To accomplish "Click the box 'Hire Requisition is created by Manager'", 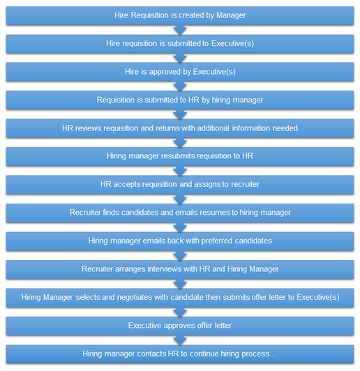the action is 180,15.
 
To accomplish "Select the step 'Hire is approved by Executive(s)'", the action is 180,72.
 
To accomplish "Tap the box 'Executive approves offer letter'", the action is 180,326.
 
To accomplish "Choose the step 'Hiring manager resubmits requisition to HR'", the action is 180,156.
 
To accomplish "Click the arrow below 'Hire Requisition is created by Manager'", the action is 180,30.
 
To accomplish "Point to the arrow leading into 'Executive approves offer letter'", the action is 180,312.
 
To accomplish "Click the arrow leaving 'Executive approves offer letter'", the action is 180,340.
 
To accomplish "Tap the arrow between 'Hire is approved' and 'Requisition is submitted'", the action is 180,86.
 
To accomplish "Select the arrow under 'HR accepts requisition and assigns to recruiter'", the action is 180,199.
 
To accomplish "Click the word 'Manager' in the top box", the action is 231,15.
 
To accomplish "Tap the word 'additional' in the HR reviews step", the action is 213,128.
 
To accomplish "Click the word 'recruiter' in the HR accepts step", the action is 245,184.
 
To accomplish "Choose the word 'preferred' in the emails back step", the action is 217,241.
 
